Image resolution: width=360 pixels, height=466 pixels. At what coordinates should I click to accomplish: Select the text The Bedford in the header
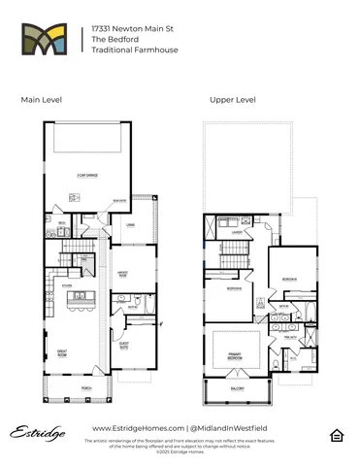(111, 40)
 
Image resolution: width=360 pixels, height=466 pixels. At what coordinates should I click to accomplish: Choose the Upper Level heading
(232, 100)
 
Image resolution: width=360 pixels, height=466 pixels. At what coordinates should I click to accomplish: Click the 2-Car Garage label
(87, 175)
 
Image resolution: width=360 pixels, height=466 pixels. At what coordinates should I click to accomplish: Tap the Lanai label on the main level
(128, 225)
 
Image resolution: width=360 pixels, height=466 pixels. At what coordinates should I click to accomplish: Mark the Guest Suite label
(123, 343)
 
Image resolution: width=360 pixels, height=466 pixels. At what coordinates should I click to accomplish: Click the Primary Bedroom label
(234, 355)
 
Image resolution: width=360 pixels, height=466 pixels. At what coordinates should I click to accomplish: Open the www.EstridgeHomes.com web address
(135, 427)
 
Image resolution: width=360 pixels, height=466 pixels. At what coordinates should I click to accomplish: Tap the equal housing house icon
(337, 433)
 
